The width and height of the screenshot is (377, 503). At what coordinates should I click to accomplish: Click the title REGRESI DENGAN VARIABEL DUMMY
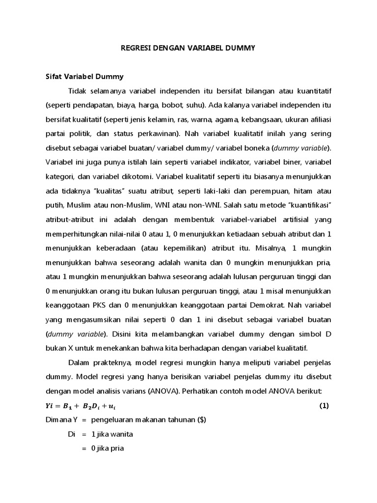[188, 48]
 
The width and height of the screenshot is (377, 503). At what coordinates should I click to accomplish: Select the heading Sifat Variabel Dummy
[84, 77]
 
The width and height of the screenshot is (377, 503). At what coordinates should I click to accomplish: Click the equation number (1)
[323, 406]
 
